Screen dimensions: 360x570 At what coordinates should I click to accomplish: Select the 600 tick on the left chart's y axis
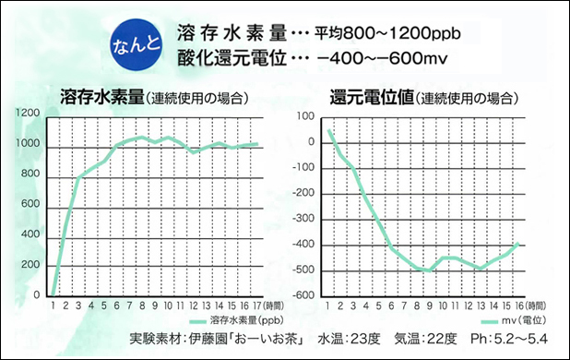[30, 204]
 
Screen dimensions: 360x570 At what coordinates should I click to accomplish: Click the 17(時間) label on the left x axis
[261, 306]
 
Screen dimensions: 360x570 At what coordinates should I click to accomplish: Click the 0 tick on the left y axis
[37, 295]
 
